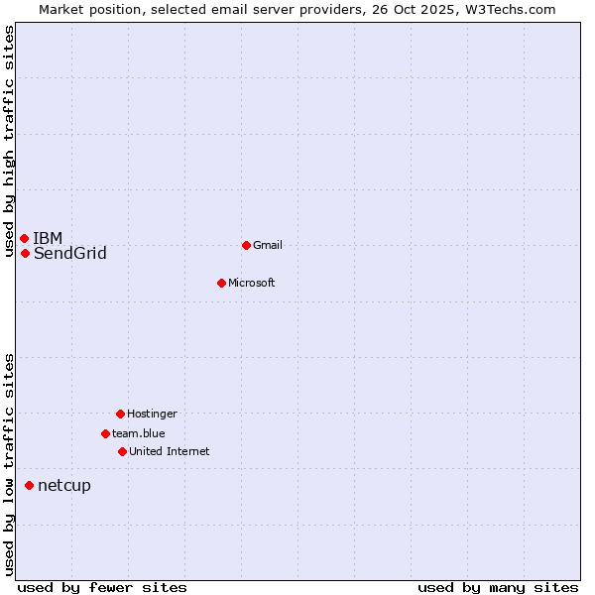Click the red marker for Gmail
pos(246,245)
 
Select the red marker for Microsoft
pos(221,283)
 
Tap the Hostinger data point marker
pos(120,414)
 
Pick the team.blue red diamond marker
pos(105,433)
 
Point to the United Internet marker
pos(122,451)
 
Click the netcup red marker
pos(29,485)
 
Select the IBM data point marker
pos(24,238)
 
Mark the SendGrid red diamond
pos(25,253)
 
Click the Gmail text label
pos(268,245)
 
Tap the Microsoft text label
pos(251,283)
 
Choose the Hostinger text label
pos(152,414)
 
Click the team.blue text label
pos(138,433)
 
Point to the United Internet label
pos(169,451)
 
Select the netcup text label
pos(63,485)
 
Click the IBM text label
pos(48,238)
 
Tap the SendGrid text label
pos(69,253)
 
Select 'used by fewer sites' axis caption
pos(102,587)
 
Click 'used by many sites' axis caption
pos(498,587)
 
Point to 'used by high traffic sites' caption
pos(9,141)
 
